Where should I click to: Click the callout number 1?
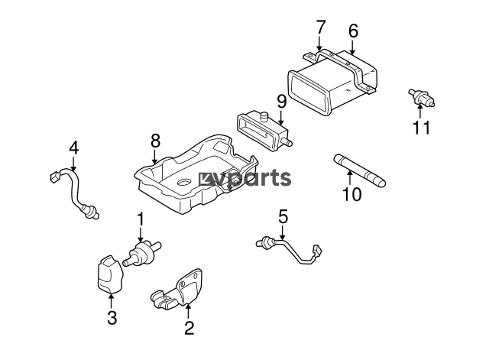pos(141,219)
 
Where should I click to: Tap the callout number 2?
pos(189,328)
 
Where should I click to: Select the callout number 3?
pos(112,318)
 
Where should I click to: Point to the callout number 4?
pos(74,148)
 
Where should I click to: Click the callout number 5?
pos(283,216)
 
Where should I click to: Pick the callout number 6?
pos(353,31)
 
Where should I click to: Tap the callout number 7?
pos(320,28)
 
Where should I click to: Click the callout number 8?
pos(155,141)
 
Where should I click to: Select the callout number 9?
pos(281,102)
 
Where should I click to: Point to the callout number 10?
pos(351,194)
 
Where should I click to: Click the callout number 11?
pos(422,128)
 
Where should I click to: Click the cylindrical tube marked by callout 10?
pos(360,170)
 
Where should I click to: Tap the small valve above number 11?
pos(422,97)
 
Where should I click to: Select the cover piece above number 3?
pos(109,274)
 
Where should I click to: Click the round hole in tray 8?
pos(184,183)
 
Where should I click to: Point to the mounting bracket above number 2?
pos(180,290)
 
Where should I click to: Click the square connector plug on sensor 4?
pos(54,177)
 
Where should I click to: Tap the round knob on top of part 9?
pos(264,116)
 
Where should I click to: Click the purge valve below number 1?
pos(142,253)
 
